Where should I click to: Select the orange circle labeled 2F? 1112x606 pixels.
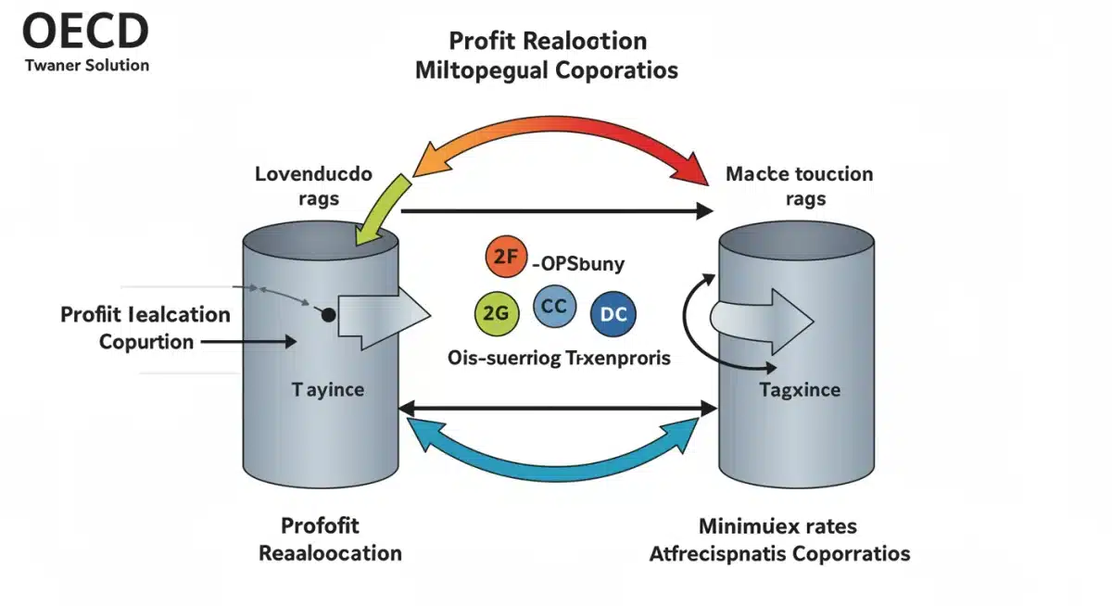tap(505, 259)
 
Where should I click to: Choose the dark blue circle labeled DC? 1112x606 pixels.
tap(613, 313)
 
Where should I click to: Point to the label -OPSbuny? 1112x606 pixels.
tap(579, 263)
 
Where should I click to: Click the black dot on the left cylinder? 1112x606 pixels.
tap(328, 315)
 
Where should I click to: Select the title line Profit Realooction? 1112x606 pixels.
tap(548, 41)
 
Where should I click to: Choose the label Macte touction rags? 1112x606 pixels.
tap(799, 185)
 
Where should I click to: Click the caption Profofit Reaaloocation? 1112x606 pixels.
tap(330, 539)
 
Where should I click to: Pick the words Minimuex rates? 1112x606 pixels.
tap(777, 526)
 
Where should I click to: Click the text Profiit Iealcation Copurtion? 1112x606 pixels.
tap(145, 327)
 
